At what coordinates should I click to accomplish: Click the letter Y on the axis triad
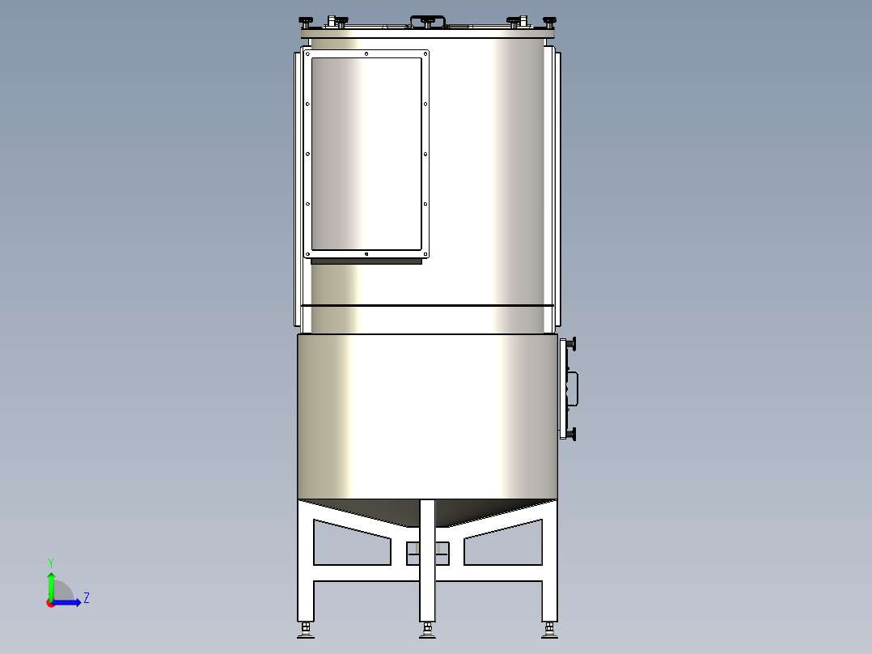[51, 562]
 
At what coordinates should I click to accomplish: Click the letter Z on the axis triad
[86, 598]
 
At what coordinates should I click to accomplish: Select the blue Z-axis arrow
[70, 602]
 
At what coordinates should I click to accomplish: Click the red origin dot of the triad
[50, 603]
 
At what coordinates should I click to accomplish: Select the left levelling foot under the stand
[306, 630]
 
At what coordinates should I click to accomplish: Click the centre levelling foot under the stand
[427, 630]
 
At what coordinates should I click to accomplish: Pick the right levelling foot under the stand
[549, 630]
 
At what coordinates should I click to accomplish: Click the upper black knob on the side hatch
[573, 344]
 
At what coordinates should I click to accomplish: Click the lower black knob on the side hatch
[573, 435]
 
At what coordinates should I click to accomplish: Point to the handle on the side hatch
[575, 389]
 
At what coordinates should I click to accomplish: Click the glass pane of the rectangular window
[366, 154]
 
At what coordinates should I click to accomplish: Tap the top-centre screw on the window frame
[366, 54]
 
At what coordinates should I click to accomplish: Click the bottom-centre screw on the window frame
[366, 254]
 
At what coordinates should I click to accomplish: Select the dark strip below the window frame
[366, 261]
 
